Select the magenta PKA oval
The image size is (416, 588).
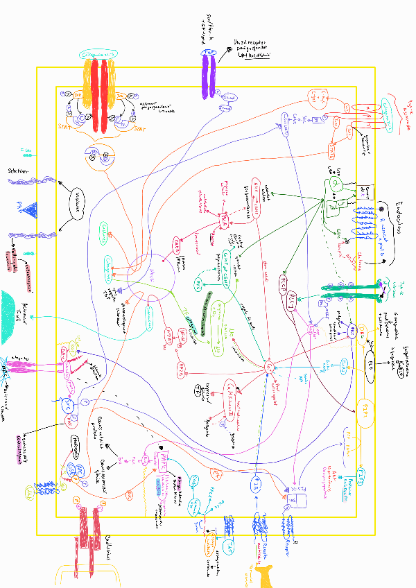point(224,220)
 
